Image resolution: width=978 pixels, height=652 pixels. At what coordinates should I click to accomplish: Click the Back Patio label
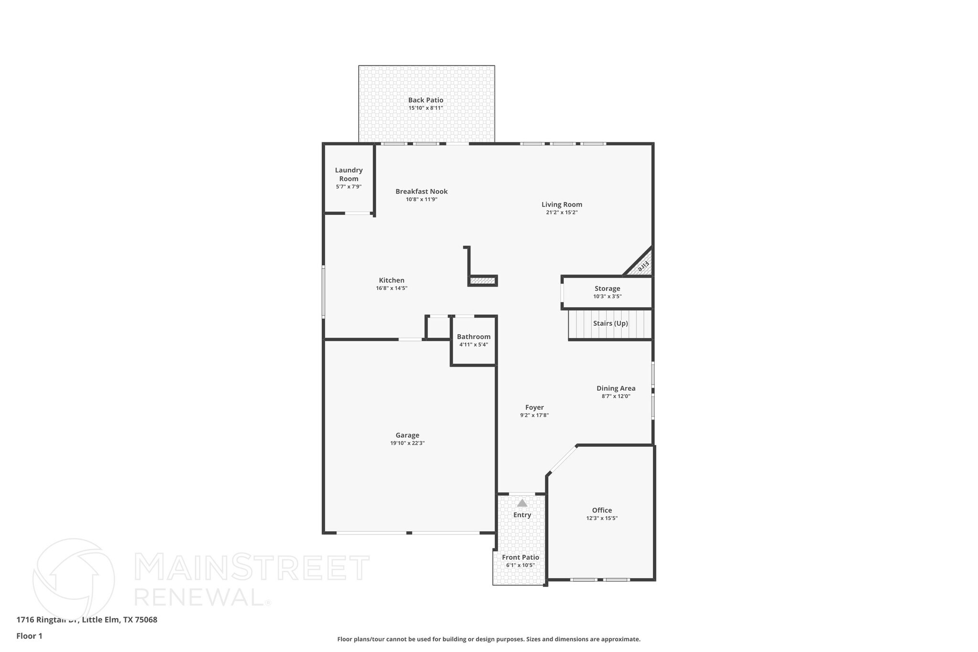pos(425,100)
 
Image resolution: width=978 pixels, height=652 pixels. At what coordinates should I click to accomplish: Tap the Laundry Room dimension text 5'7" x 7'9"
pos(349,187)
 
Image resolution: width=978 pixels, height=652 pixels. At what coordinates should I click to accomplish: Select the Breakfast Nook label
pos(421,192)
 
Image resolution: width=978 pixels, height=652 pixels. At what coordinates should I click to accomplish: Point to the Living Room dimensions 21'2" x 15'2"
pos(562,213)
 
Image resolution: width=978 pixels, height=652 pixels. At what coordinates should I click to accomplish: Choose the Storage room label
pos(607,289)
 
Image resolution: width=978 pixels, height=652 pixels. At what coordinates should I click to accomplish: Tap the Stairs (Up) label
pos(610,323)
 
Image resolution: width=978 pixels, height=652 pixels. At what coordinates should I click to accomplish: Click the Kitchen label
pos(392,280)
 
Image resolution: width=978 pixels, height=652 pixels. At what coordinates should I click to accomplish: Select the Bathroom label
pos(473,337)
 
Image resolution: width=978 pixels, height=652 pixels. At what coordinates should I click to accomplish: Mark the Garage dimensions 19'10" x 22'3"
pos(407,443)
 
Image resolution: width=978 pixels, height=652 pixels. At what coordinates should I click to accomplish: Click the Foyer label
pos(534,407)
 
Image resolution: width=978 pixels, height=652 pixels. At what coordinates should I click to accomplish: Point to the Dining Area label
pos(616,388)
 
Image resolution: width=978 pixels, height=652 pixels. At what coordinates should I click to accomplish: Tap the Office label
pos(602,510)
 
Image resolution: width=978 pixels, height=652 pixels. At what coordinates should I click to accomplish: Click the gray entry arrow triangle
pos(522,503)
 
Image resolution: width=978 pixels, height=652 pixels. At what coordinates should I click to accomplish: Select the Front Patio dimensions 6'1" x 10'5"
pos(520,566)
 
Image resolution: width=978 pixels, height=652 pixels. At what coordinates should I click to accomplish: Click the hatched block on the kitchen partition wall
pos(483,281)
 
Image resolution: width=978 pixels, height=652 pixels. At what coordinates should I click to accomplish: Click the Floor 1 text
pos(29,636)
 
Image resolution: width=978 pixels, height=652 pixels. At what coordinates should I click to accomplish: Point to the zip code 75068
pos(146,620)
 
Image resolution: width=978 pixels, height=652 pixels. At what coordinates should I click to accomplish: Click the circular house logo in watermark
pos(74,579)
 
